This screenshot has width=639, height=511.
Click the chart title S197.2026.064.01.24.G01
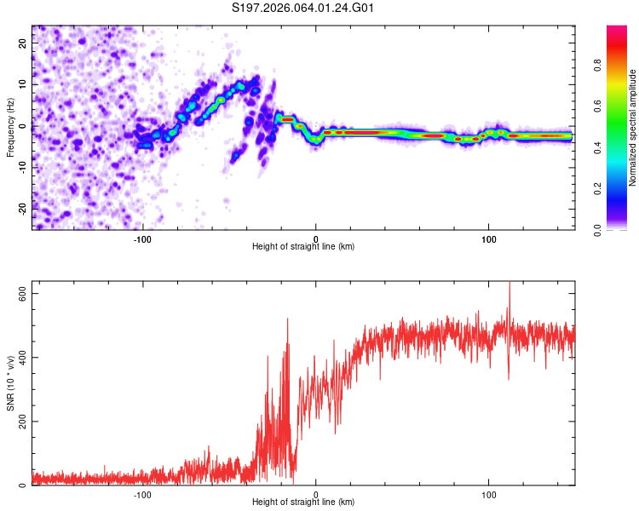[304, 8]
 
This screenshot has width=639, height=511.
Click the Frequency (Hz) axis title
[10, 127]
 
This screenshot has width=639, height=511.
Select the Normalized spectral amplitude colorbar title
[632, 128]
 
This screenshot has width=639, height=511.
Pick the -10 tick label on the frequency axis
[21, 167]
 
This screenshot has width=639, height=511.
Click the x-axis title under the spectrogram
[303, 247]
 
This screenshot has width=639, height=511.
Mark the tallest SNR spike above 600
[509, 284]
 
